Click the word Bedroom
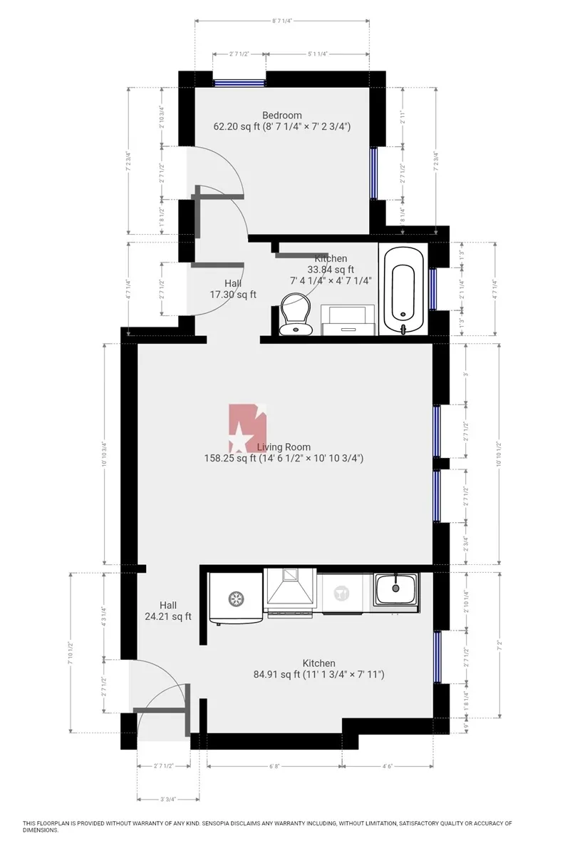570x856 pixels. [x=282, y=116]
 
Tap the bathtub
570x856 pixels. [x=403, y=288]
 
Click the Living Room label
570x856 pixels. [x=284, y=447]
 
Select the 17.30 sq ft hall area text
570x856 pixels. [x=233, y=294]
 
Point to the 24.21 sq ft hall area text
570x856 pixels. [x=165, y=617]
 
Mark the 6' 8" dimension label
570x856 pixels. [x=274, y=766]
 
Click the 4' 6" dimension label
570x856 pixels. [x=388, y=766]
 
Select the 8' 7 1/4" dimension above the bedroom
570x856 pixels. [x=282, y=21]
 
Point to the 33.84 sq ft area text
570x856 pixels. [x=331, y=270]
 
